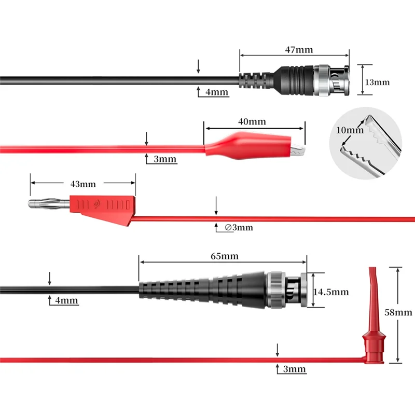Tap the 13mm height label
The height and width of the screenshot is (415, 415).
(x=377, y=82)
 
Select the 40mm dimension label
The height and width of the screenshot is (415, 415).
(x=252, y=122)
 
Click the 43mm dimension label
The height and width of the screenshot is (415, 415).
(x=82, y=184)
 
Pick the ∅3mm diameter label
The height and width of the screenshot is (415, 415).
(x=239, y=227)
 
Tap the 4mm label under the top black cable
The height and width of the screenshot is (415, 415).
(x=217, y=92)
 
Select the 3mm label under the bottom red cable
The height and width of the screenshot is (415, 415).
(x=294, y=369)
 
